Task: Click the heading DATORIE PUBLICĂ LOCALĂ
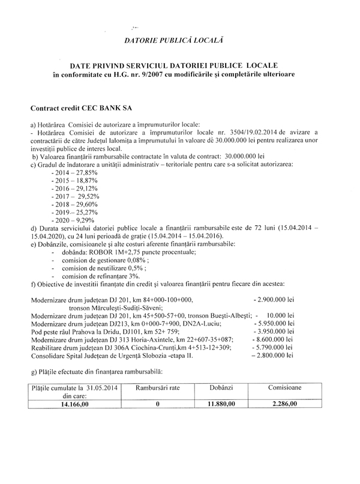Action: click(173, 40)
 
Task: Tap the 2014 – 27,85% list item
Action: click(74, 172)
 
